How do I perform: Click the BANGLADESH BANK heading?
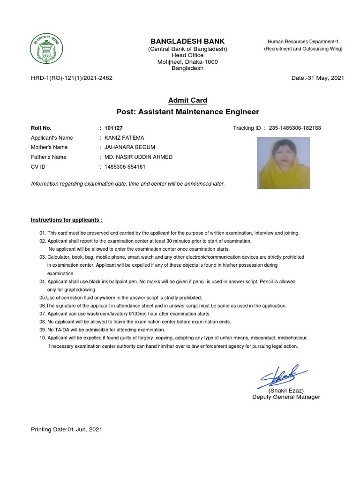pos(187,41)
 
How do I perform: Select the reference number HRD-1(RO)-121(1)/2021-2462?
pos(72,78)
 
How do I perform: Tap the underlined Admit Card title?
pos(187,100)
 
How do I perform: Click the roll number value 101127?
pos(114,128)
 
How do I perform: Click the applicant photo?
pos(284,163)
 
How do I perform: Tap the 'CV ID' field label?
pos(38,167)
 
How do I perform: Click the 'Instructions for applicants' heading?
pos(67,220)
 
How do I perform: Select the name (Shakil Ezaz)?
pos(286,390)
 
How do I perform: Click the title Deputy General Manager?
pos(286,397)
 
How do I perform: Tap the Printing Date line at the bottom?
pos(67,429)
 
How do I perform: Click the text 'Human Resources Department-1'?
pos(303,42)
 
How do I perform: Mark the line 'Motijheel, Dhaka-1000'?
pos(187,62)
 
